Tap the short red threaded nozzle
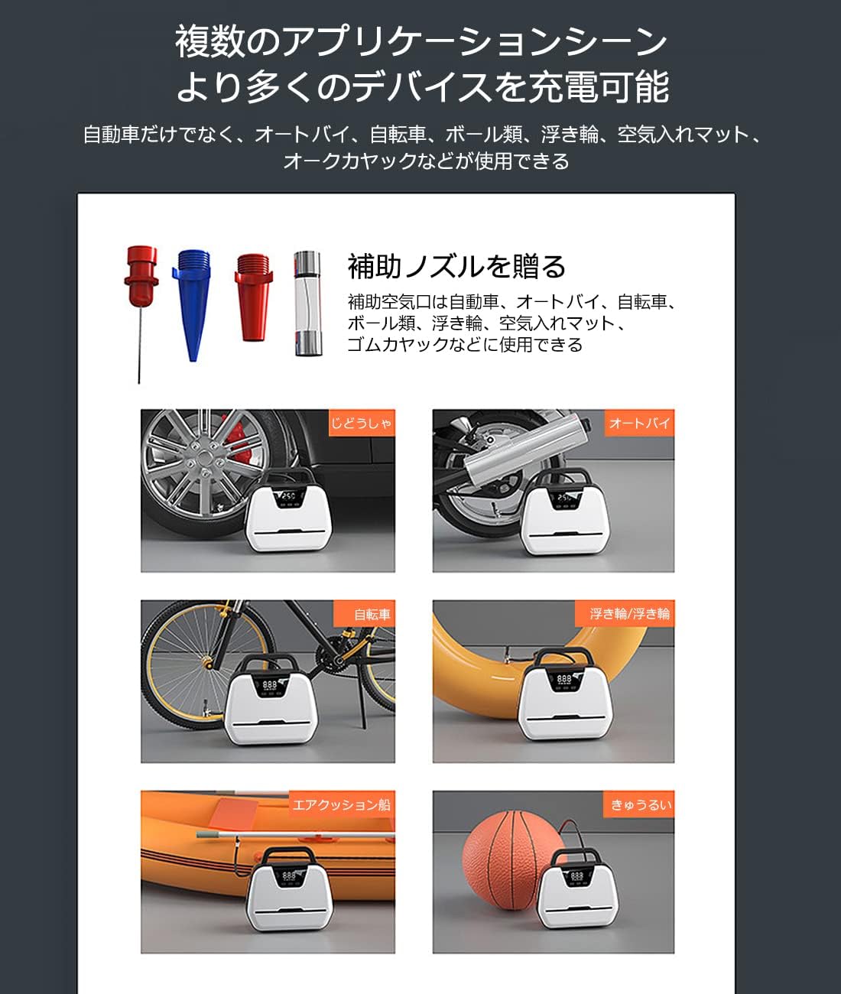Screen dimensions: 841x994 (253, 297)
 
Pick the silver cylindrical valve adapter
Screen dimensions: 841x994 (307, 304)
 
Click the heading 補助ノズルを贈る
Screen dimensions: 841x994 (456, 266)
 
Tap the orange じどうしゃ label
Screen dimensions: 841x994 (362, 423)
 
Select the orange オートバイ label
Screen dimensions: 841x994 (639, 423)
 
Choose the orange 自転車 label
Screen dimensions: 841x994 (365, 613)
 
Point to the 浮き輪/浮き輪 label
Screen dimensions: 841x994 (625, 613)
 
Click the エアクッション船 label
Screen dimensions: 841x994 (342, 804)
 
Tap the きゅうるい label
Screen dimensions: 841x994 (638, 804)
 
